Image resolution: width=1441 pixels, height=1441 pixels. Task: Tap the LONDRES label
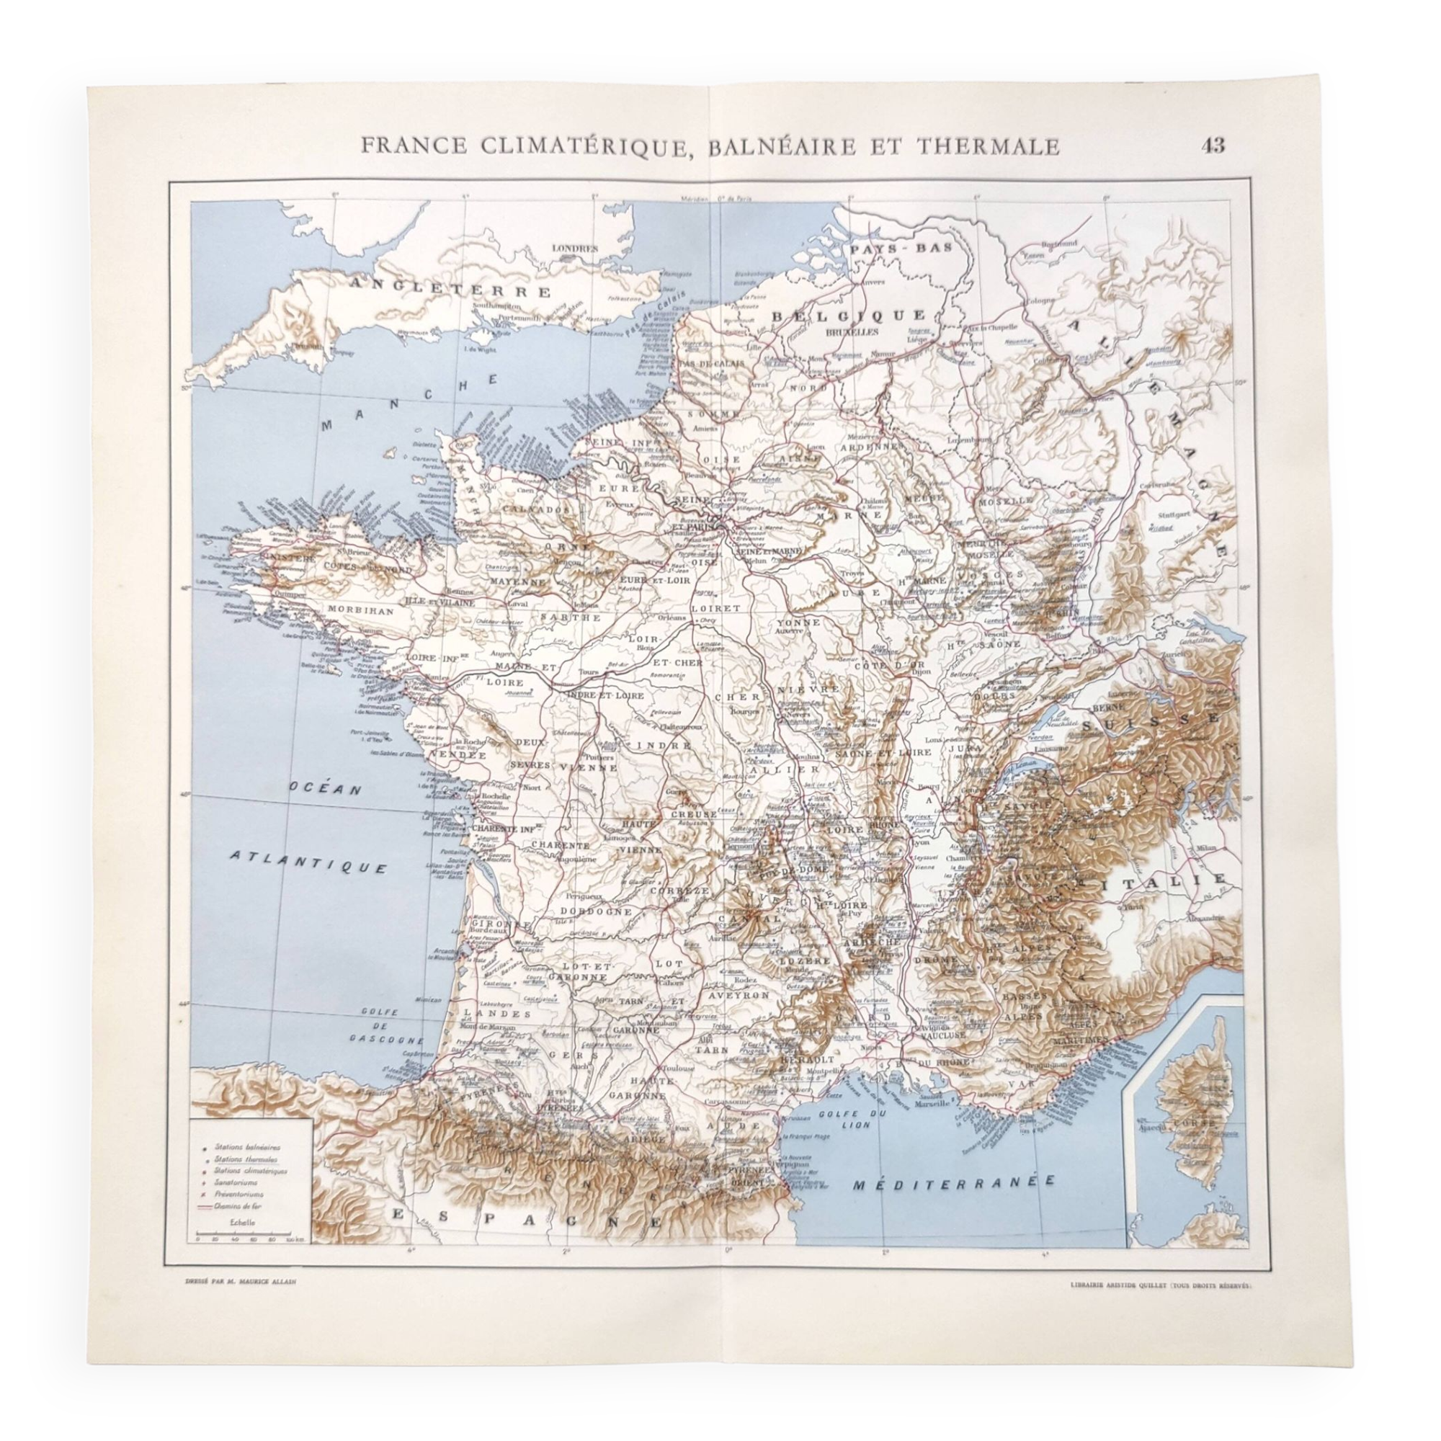click(x=574, y=249)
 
